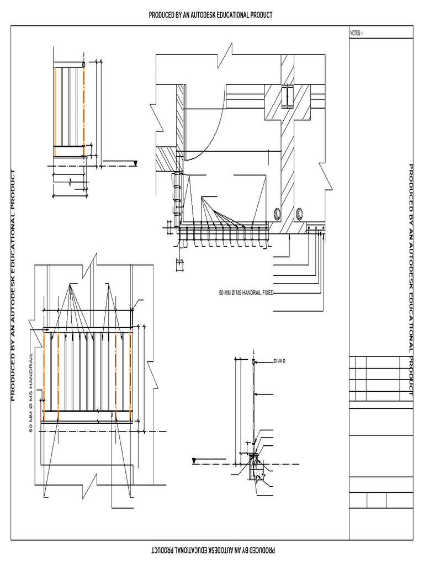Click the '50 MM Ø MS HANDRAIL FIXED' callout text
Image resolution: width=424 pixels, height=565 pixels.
(246, 292)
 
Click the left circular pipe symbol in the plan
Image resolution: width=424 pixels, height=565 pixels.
(277, 212)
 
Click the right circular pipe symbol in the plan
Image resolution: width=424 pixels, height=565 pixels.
(299, 212)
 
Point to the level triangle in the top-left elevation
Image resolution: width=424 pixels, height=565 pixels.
(134, 163)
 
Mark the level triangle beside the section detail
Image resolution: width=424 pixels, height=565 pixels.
(194, 461)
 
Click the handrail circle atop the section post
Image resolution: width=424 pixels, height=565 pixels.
(253, 361)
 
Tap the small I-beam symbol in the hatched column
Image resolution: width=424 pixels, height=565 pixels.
(288, 96)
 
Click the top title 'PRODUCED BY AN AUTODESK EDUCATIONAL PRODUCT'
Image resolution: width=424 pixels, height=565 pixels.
(211, 14)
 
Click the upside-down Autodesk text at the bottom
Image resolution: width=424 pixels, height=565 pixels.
(211, 550)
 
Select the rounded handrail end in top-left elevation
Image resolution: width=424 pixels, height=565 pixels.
(83, 65)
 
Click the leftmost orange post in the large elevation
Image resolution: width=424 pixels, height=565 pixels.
(44, 375)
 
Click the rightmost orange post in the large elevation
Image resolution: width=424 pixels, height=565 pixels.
(130, 375)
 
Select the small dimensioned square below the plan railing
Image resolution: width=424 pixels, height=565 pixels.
(181, 265)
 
